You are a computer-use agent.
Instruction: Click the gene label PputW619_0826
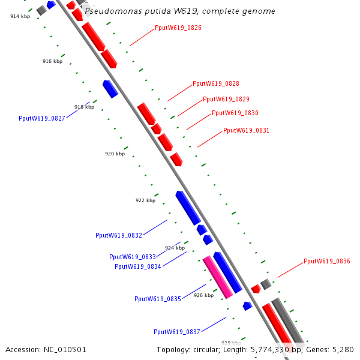pos(178,28)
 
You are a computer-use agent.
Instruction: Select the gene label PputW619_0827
pos(42,118)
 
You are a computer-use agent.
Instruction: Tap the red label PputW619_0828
pos(215,84)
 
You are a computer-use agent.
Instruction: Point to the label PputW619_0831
pos(246,130)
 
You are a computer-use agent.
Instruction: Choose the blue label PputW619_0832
pos(119,235)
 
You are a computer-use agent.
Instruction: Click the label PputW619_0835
pos(158,299)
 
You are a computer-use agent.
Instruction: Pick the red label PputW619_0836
pos(326,261)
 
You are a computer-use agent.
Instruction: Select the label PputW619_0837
pos(177,332)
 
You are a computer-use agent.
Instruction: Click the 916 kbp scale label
pos(52,62)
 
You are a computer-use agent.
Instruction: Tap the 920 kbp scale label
pos(115,154)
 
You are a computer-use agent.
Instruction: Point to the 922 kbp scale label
pos(145,200)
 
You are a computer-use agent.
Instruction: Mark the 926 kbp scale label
pos(203,295)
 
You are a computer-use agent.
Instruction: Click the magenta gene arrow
pos(217,277)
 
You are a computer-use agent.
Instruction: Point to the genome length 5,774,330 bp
pos(271,349)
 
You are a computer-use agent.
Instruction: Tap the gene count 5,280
pos(343,349)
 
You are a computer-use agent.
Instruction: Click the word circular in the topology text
pos(206,349)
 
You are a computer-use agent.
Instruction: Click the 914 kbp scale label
pos(20,16)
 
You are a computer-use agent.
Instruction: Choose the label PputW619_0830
pos(235,113)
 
